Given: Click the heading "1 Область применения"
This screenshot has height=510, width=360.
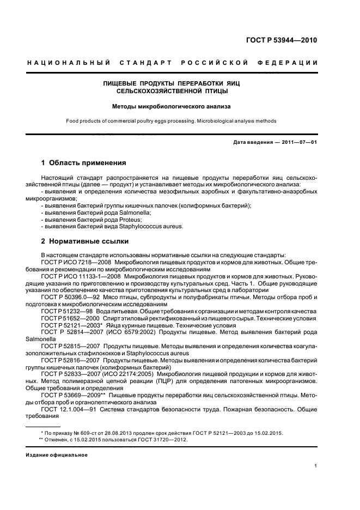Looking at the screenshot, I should pyautogui.click(x=84, y=163).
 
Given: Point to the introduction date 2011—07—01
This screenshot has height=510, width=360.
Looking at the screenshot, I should pyautogui.click(x=299, y=142).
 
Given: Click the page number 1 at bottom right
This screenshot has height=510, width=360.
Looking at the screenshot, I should pyautogui.click(x=316, y=466).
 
